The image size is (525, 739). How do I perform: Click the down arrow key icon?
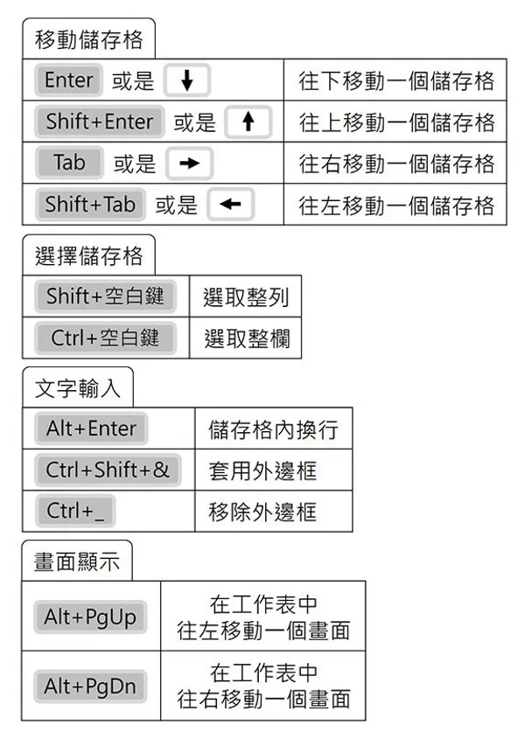coord(188,81)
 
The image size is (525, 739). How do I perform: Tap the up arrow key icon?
coord(248,122)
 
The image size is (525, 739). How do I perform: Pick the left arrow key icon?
coord(231,206)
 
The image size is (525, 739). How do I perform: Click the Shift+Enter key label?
coord(99,122)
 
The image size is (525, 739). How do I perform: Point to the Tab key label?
coord(69,164)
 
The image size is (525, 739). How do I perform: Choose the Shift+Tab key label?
coord(90,206)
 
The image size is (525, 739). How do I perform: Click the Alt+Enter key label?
coord(91,429)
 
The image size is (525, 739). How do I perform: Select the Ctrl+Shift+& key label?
coord(108,471)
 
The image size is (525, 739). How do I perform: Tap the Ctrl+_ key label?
coord(75,512)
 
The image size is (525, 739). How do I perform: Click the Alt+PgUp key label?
coord(90,617)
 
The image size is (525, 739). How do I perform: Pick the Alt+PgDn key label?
coord(90,687)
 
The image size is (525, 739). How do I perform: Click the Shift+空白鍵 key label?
coord(105,297)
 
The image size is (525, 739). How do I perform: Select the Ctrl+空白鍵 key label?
coord(105,338)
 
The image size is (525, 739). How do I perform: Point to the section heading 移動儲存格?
coord(88,39)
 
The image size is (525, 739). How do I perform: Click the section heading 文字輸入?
coord(78,387)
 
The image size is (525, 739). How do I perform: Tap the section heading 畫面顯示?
coord(77,561)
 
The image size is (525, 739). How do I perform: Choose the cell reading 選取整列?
coord(245,297)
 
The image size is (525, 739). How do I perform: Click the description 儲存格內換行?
coord(273,429)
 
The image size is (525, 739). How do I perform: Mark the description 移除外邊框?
coord(262,512)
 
